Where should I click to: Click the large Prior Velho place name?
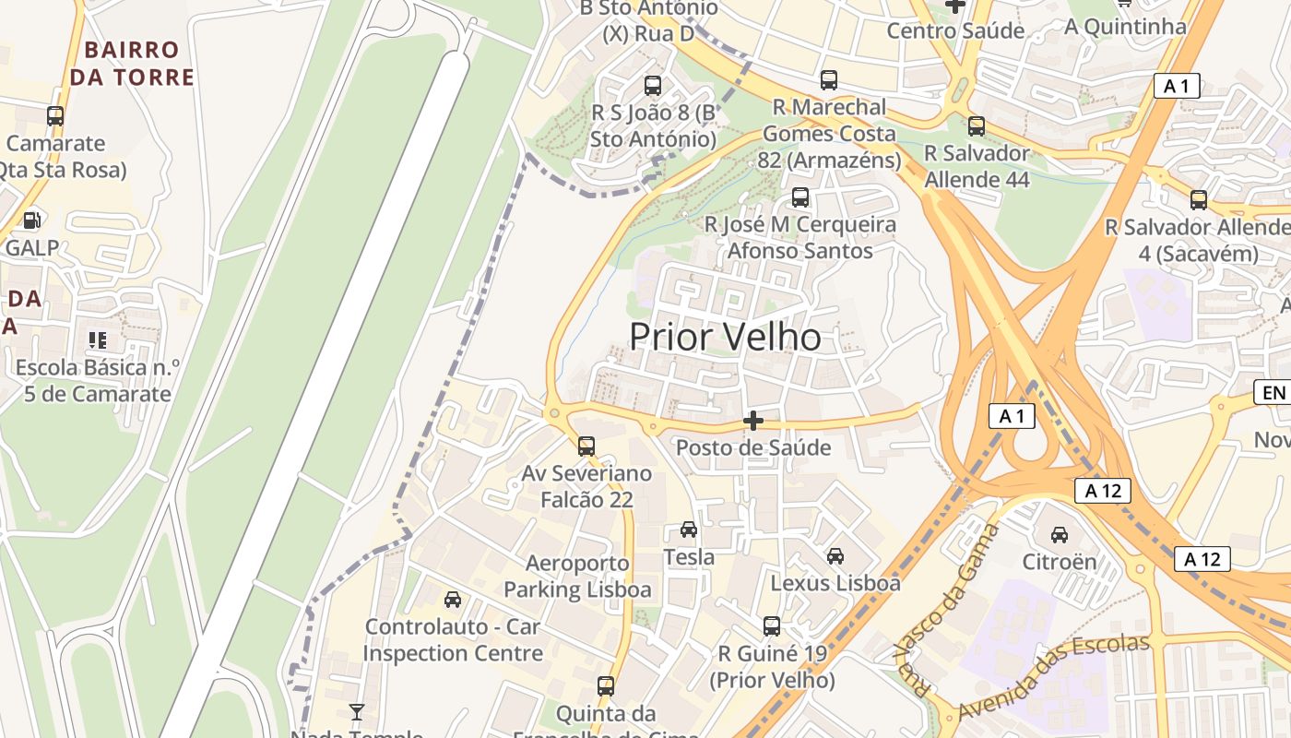(x=725, y=338)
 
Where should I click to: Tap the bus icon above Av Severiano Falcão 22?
(x=586, y=446)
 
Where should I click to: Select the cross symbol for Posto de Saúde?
(x=753, y=421)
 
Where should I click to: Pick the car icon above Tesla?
(x=689, y=530)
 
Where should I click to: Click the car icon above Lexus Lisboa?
(x=835, y=556)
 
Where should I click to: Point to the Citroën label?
(x=1060, y=562)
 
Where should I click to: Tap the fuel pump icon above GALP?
(x=32, y=220)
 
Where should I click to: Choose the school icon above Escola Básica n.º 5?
(x=97, y=340)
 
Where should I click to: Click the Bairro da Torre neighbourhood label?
(x=132, y=63)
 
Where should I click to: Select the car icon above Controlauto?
(x=453, y=600)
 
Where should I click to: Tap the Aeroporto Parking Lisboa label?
(x=577, y=577)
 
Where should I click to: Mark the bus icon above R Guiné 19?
(x=772, y=626)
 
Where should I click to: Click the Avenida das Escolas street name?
(x=1053, y=678)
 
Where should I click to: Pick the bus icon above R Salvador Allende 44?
(x=977, y=126)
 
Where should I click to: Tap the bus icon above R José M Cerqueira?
(x=800, y=197)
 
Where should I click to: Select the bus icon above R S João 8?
(x=653, y=86)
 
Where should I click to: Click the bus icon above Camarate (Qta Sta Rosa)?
(x=55, y=116)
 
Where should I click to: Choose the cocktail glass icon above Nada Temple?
(x=357, y=711)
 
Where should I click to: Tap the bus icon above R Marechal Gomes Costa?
(x=829, y=80)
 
